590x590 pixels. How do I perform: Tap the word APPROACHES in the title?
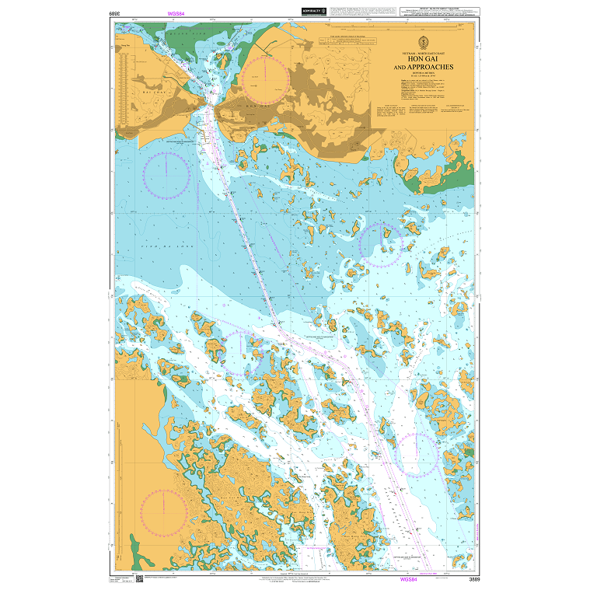tap(422, 68)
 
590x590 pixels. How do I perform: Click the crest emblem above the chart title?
tap(422, 41)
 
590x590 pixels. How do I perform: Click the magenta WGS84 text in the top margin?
tap(178, 14)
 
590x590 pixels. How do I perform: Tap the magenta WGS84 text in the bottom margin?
tap(409, 579)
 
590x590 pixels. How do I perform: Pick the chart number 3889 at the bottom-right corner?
tap(464, 579)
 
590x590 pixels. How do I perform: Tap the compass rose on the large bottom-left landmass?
tap(164, 512)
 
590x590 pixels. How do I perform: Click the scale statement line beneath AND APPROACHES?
tap(422, 74)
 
